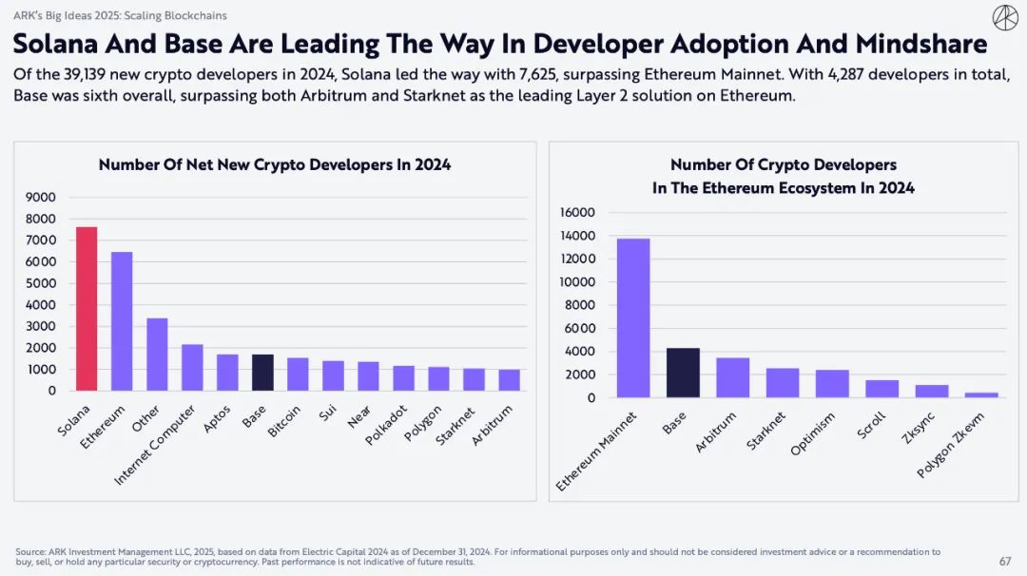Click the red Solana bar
(87, 309)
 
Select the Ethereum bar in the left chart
(122, 321)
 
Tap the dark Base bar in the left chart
(262, 373)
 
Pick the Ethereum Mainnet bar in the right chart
(633, 318)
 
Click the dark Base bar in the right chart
(683, 373)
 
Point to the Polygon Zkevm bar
(980, 394)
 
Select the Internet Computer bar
(192, 368)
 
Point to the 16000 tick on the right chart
(577, 212)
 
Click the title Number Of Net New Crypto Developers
(275, 164)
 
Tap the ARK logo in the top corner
(1004, 18)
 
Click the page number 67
(1005, 561)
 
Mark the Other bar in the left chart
(157, 355)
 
